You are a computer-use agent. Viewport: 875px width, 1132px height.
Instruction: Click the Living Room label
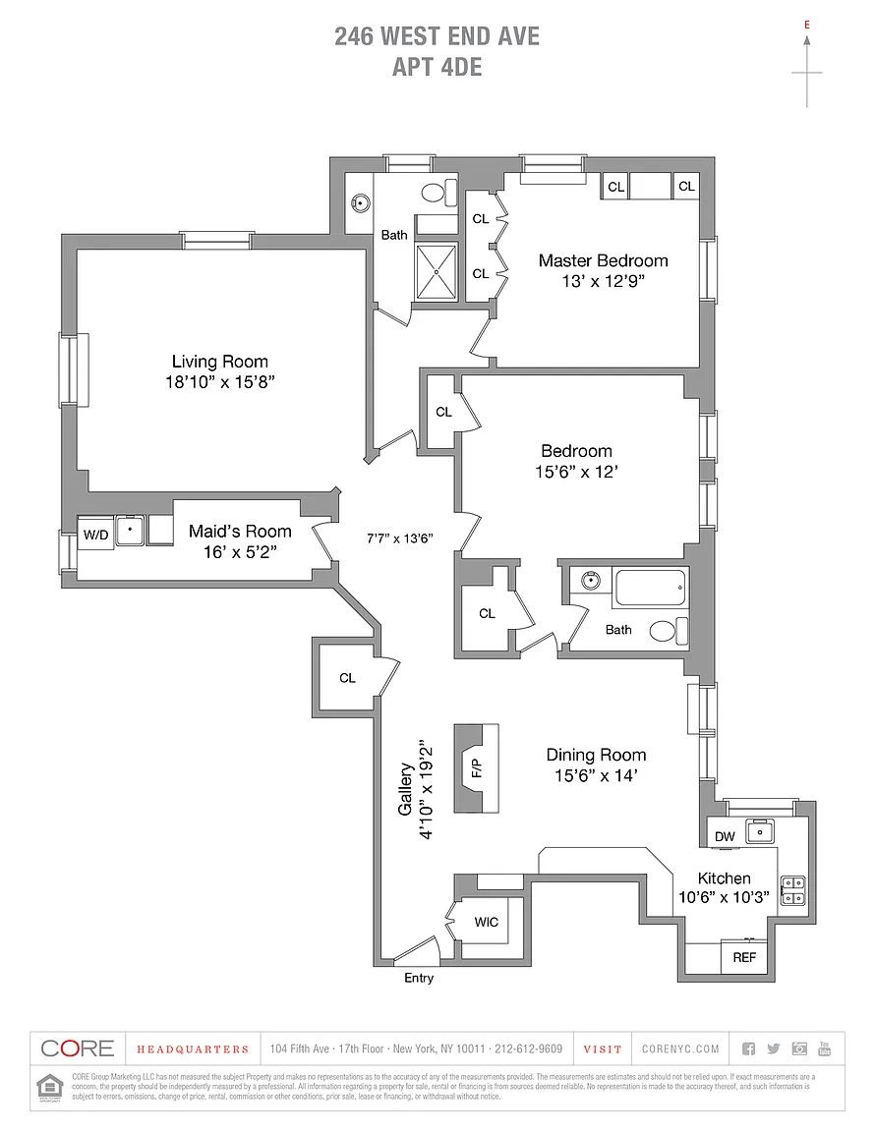[219, 362]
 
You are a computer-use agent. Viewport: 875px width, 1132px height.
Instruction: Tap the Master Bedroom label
[603, 260]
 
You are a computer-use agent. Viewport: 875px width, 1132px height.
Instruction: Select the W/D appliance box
[95, 535]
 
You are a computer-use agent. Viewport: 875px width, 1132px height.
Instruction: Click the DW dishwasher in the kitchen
[725, 836]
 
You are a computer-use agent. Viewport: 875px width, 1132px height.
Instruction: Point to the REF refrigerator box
[744, 956]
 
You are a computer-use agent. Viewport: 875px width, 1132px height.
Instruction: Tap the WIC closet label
[486, 922]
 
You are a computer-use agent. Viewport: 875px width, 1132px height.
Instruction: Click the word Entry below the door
[419, 978]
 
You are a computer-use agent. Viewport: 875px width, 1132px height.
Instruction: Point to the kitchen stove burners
[792, 889]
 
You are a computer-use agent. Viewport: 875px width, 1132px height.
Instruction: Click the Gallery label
[404, 792]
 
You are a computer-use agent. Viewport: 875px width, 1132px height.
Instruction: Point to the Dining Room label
[596, 755]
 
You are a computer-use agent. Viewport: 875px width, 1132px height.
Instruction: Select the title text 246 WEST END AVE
[437, 37]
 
